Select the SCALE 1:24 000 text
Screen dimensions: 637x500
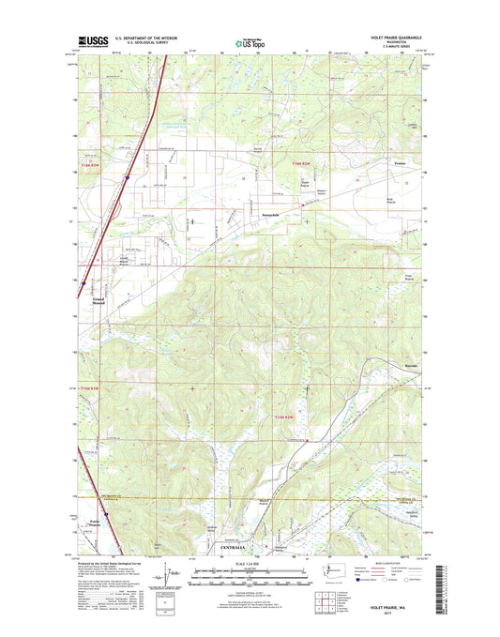[x=250, y=567]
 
